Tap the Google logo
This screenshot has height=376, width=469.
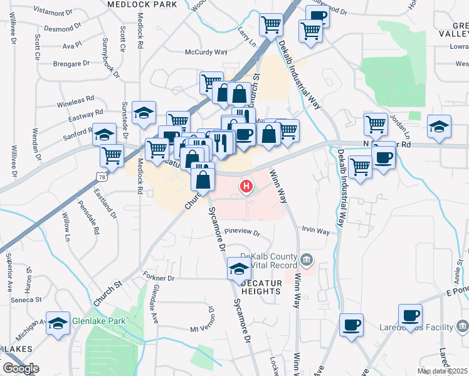pos(21,368)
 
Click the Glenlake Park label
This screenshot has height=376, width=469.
pos(98,321)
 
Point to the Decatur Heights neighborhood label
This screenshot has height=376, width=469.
pos(268,287)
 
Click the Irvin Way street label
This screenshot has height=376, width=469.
pos(315,231)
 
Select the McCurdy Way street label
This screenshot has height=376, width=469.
pos(206,52)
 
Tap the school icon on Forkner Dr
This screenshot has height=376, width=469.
pos(238,269)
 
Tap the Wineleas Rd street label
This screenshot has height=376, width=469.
pos(76,98)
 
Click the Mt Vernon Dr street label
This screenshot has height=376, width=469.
pos(206,328)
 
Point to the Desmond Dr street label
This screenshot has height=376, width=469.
pos(63,29)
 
